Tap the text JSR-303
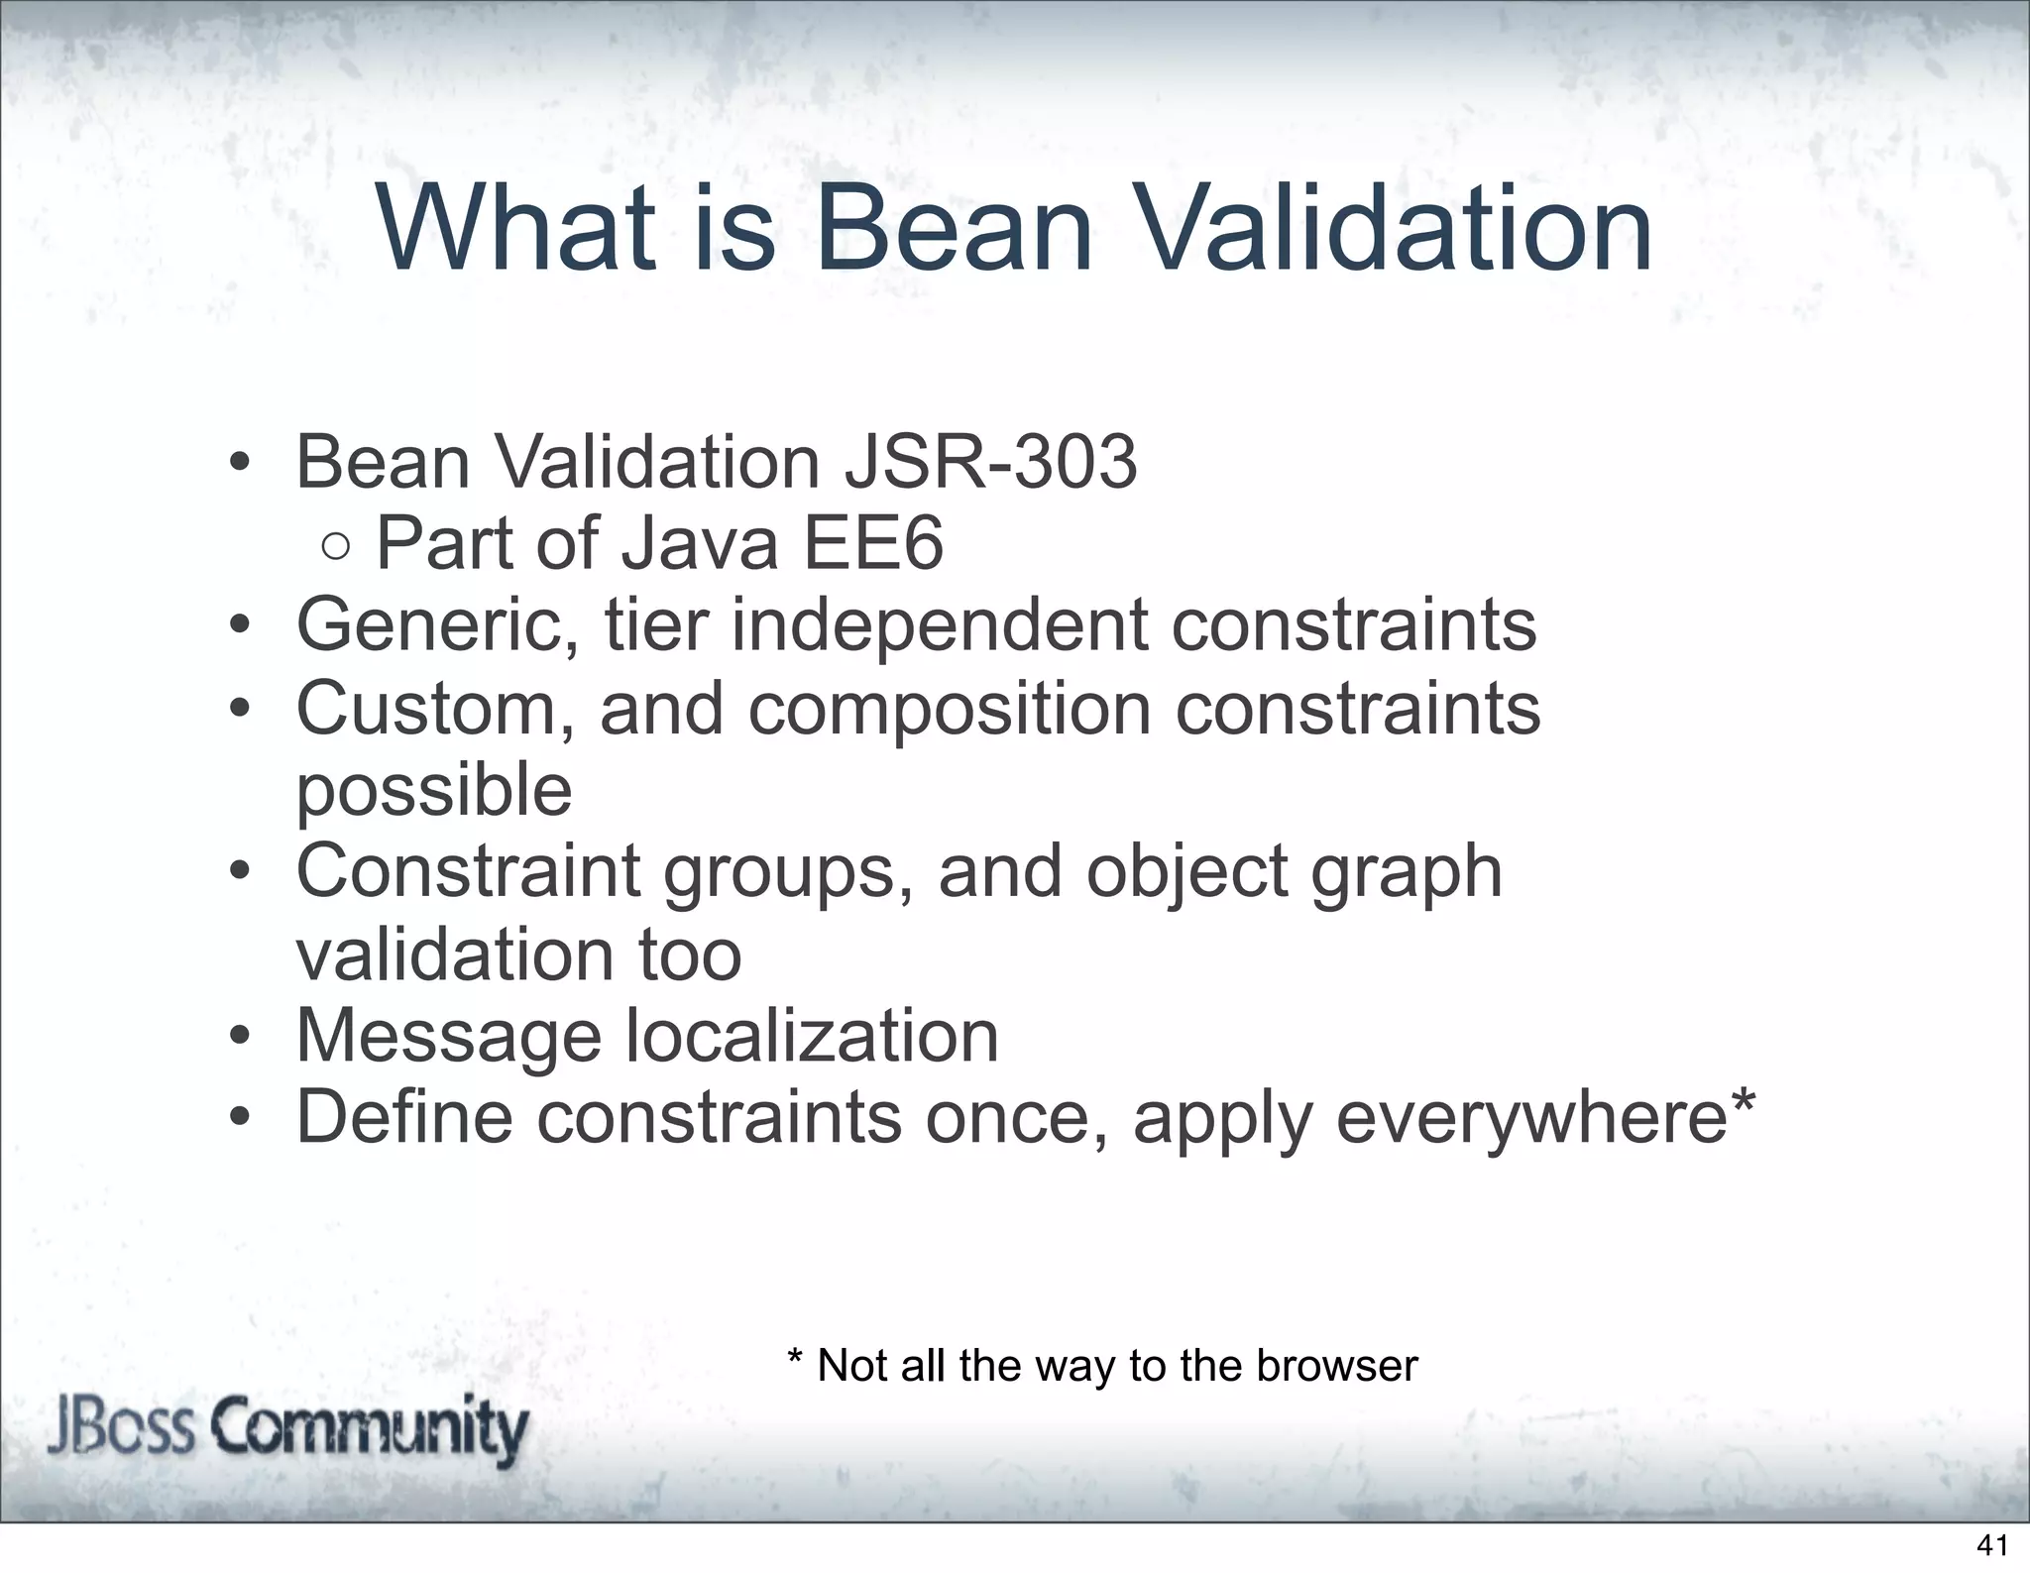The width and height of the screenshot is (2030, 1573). click(990, 463)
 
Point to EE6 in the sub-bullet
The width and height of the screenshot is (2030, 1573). click(872, 544)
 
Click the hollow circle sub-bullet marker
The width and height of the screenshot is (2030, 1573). click(336, 546)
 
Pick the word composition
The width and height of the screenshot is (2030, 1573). click(949, 711)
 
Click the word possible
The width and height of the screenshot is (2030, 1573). click(434, 792)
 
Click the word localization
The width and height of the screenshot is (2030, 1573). click(812, 1036)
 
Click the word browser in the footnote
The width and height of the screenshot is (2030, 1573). click(1337, 1366)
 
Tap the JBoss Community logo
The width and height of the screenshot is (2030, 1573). click(287, 1429)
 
